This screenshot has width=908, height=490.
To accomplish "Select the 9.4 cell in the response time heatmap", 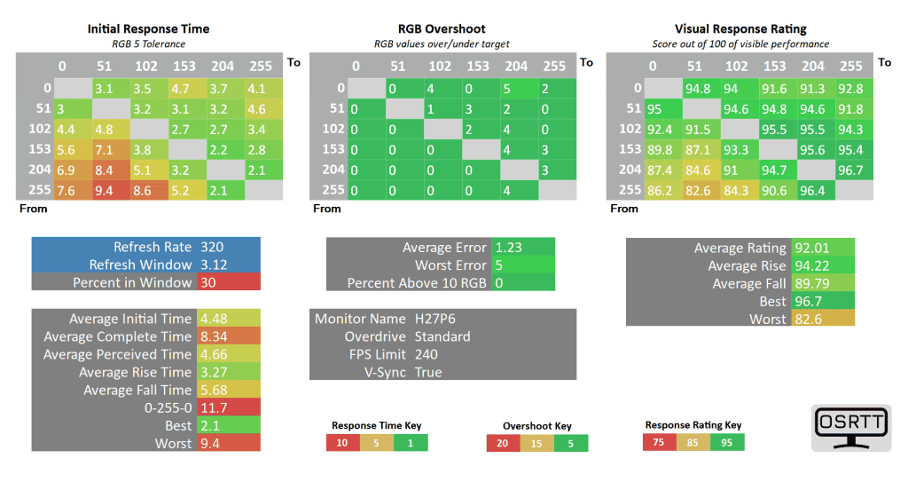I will tap(104, 189).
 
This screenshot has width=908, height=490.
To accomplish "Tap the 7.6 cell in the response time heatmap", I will tap(67, 189).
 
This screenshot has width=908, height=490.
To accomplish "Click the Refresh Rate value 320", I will tap(213, 247).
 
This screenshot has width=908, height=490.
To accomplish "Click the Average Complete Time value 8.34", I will tap(215, 336).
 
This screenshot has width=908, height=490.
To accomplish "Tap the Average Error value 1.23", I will tap(509, 248).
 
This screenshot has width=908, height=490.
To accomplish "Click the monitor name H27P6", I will tap(434, 319).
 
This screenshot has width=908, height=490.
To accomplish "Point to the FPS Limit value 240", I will tap(427, 354).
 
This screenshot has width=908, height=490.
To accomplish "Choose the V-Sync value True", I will tap(428, 372).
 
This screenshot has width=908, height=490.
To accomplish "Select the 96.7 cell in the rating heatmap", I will tap(850, 169).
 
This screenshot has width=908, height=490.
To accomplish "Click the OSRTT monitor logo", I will tap(852, 428).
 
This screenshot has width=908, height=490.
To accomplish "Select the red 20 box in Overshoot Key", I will tap(503, 443).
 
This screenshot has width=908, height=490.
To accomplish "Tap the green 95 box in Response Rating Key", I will tap(727, 442).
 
